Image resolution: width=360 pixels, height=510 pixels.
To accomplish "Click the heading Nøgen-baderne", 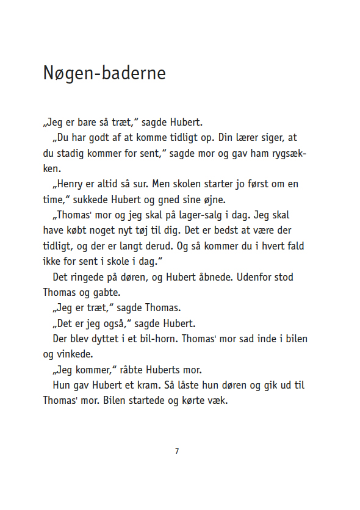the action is [x=104, y=73].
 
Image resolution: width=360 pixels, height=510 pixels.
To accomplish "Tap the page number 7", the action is [x=177, y=451].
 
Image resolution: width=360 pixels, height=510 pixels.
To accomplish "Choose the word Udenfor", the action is [x=255, y=277].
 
